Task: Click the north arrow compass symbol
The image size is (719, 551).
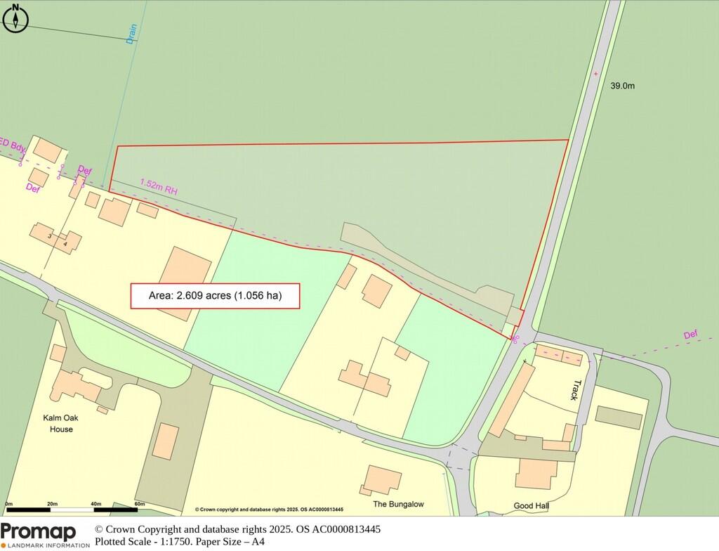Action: [15, 18]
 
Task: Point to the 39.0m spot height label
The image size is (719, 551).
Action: [622, 86]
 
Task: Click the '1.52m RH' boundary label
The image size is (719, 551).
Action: [159, 185]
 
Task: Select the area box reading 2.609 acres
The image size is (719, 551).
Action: [216, 296]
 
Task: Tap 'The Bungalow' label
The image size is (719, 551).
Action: [399, 505]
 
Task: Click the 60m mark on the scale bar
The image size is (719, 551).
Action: [139, 504]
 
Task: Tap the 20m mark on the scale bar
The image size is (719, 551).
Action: [52, 504]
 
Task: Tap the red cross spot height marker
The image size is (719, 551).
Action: [595, 73]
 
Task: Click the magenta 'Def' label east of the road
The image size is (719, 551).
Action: [692, 335]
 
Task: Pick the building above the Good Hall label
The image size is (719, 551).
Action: [536, 473]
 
